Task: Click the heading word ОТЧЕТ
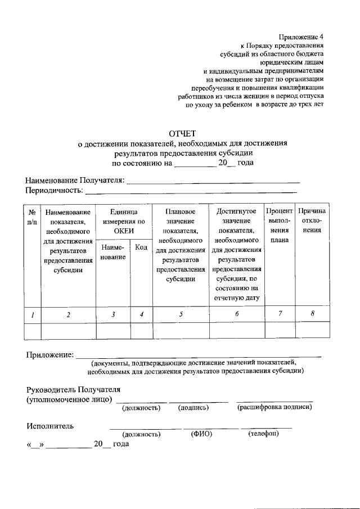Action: [x=180, y=134]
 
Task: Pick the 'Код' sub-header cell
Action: [x=142, y=248]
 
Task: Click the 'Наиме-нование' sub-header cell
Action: [x=113, y=252]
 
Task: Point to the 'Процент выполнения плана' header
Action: [x=279, y=225]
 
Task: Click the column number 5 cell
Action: [x=181, y=314]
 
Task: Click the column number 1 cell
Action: [x=33, y=314]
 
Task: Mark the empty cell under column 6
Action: [x=237, y=331]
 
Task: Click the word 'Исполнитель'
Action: [x=50, y=426]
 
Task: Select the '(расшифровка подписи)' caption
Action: [x=274, y=407]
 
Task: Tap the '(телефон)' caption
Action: [x=263, y=434]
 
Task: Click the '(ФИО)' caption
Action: [x=201, y=434]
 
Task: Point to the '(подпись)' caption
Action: [x=193, y=407]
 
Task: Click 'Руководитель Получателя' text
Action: [x=73, y=389]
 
